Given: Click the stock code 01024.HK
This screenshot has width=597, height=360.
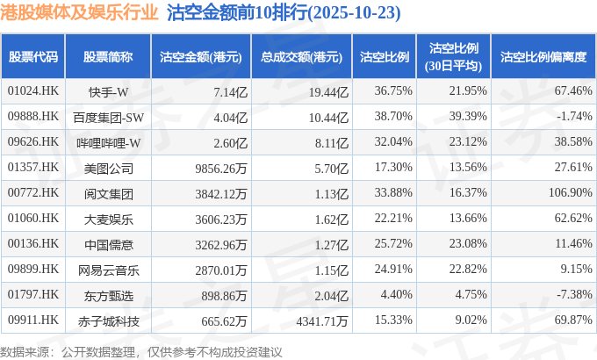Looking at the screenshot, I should (32, 91).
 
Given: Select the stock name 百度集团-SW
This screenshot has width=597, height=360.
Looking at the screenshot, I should (109, 117).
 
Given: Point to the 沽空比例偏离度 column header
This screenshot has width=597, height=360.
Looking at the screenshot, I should (543, 57).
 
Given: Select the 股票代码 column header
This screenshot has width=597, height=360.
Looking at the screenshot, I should (33, 57).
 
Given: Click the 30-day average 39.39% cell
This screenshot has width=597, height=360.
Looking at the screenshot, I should (468, 117).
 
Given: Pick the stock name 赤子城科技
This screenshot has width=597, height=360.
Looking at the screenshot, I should (109, 321).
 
